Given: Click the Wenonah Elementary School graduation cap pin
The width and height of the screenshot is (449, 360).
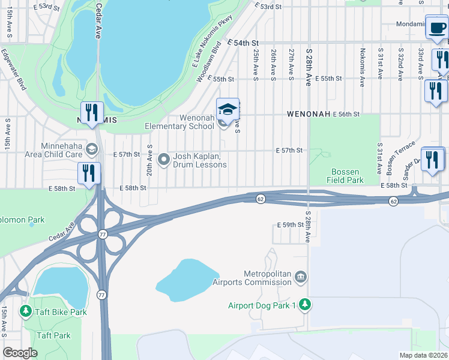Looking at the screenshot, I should click(x=228, y=110).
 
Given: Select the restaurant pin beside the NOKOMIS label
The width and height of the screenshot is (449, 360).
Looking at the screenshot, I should click(x=92, y=113).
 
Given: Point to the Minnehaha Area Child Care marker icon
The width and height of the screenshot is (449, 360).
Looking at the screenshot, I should click(x=92, y=149).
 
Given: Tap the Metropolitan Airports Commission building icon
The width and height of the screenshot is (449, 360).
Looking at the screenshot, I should click(x=301, y=277).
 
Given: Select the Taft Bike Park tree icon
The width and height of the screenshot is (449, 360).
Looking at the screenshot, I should click(x=25, y=311).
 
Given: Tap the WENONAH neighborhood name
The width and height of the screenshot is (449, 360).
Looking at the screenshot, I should click(x=309, y=113).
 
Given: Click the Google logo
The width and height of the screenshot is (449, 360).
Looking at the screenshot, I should click(x=20, y=353).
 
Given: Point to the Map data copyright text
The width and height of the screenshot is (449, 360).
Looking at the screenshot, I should click(x=423, y=355).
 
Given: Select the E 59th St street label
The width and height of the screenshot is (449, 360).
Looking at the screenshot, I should click(x=292, y=224).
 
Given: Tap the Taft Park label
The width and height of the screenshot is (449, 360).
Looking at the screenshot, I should click(x=53, y=335).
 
